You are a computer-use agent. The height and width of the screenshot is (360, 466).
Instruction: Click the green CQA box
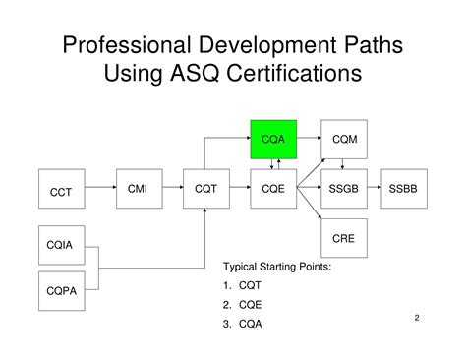point(274,140)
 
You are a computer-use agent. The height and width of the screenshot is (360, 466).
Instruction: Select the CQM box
point(344,140)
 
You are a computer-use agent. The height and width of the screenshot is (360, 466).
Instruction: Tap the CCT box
point(61,192)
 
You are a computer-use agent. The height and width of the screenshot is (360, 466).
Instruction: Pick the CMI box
point(138,189)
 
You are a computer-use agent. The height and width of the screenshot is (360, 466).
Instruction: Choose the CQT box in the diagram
point(206,189)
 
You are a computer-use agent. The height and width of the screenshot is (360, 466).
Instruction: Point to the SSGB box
point(344,189)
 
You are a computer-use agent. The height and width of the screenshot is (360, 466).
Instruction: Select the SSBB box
point(410,189)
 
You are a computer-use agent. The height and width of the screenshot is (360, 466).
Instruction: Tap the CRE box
point(344,239)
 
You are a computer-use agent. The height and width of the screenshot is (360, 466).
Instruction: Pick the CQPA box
point(61,289)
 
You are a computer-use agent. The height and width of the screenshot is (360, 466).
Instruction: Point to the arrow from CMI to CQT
point(171,190)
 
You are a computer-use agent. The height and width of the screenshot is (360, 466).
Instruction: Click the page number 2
point(417,318)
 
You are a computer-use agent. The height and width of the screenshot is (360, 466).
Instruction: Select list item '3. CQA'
point(243,324)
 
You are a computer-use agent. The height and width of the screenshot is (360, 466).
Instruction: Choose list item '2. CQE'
point(243,305)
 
